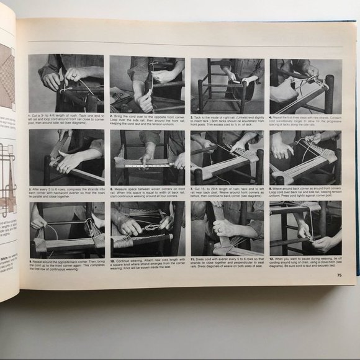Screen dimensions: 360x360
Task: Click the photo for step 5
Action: (66, 158)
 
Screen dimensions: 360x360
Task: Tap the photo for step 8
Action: (305, 158)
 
